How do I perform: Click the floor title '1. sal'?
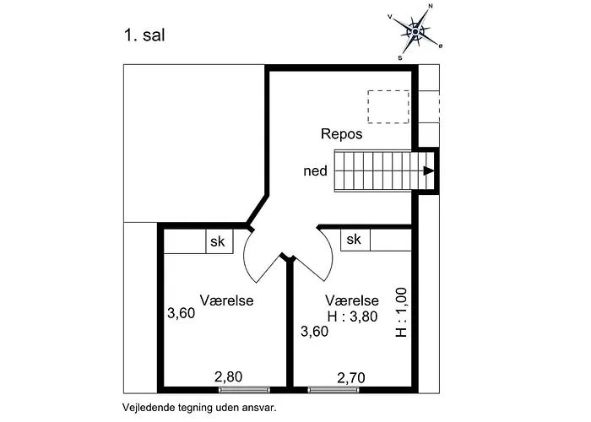(144, 35)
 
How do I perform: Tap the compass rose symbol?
(415, 32)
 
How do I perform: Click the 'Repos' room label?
(341, 133)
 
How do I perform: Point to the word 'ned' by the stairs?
(315, 171)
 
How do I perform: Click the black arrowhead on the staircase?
(429, 170)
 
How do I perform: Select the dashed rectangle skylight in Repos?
(388, 106)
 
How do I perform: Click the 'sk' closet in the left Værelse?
(220, 241)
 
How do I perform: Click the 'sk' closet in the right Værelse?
(355, 239)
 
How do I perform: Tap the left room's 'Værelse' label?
(226, 300)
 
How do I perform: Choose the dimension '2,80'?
(229, 376)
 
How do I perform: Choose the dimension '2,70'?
(351, 377)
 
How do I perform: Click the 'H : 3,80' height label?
(352, 316)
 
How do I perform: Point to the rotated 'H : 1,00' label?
(401, 312)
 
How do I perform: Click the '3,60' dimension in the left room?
(182, 313)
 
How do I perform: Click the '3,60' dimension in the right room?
(314, 331)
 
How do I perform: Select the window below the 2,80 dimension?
(245, 390)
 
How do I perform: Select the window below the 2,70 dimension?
(333, 390)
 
